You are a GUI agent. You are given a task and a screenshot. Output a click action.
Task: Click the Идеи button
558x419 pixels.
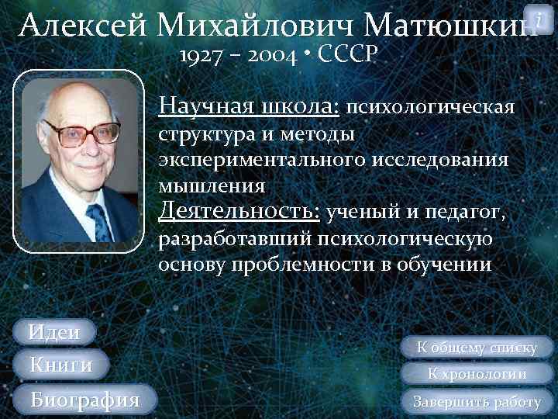(x=54, y=332)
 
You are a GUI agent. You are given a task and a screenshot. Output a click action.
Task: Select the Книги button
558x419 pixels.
(x=60, y=365)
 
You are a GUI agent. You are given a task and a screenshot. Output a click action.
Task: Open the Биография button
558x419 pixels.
(x=84, y=400)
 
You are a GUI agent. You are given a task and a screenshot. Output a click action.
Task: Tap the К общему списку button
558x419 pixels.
(x=477, y=348)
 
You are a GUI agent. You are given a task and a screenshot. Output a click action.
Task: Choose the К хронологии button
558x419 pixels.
(x=477, y=374)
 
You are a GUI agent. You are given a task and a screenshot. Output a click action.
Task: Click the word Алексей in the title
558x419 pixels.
(x=84, y=26)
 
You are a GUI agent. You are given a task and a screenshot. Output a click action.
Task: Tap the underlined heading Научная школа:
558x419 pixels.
(x=248, y=105)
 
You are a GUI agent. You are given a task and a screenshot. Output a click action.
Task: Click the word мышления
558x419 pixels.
(x=211, y=186)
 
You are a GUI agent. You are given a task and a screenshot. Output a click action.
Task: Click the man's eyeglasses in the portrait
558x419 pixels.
(x=81, y=133)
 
